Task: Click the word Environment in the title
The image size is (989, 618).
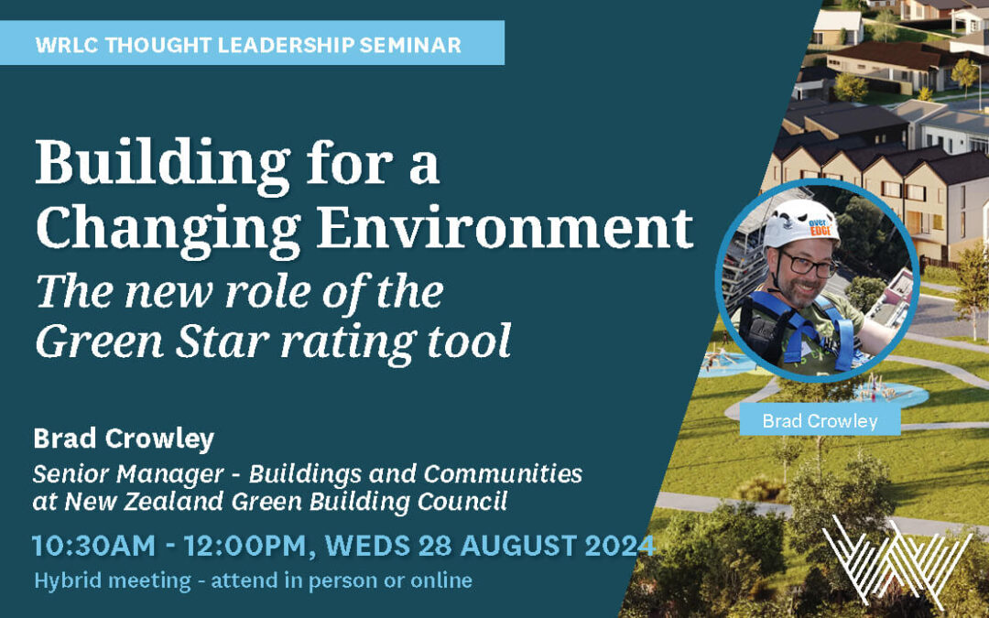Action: click(x=505, y=228)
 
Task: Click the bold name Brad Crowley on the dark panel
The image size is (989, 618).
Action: click(x=125, y=439)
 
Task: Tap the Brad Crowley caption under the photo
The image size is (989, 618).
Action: click(x=820, y=420)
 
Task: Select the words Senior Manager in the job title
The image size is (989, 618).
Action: click(x=129, y=473)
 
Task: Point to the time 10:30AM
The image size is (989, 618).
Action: click(x=94, y=546)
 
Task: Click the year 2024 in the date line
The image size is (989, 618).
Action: click(x=621, y=546)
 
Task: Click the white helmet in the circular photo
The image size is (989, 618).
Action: click(x=799, y=222)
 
